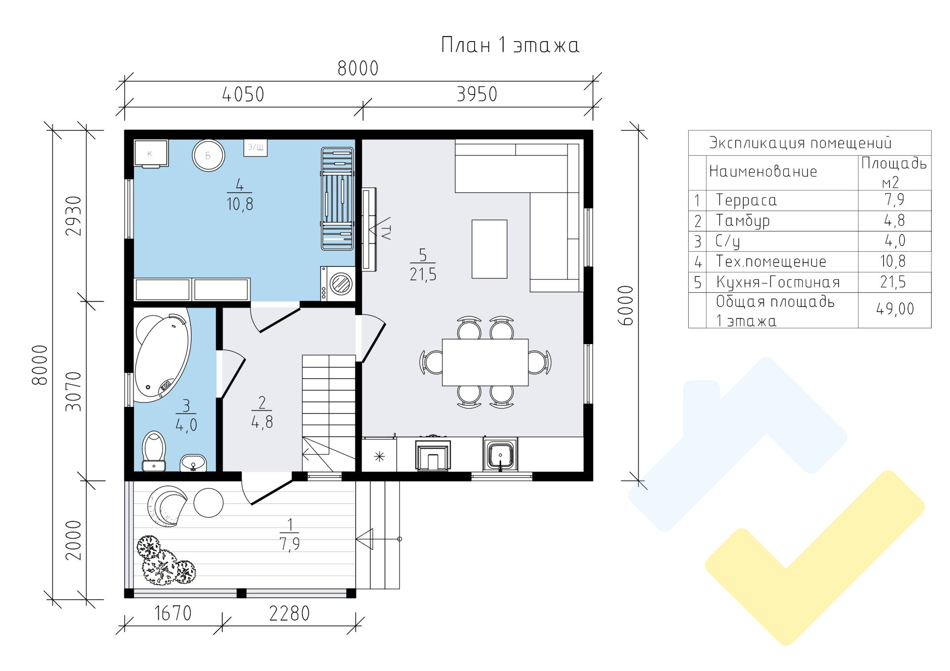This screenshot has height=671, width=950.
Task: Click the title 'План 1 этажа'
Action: (x=510, y=45)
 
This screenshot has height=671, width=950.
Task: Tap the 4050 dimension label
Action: (x=243, y=94)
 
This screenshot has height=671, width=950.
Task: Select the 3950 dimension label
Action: (x=476, y=94)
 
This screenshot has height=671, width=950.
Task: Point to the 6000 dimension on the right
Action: (x=626, y=305)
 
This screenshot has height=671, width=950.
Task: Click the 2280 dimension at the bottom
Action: (x=289, y=614)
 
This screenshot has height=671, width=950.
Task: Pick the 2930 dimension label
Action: (x=74, y=216)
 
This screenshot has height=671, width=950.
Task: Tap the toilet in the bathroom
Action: (x=154, y=451)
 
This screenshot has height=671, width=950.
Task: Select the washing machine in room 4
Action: (x=338, y=283)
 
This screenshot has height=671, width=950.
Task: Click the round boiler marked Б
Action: (x=208, y=155)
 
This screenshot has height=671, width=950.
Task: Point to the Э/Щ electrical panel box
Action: (x=255, y=147)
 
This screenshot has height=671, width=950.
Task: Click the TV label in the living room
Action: (x=385, y=231)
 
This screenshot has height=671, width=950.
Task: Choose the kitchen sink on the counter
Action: (x=500, y=454)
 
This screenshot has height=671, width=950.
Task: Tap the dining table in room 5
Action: (x=485, y=362)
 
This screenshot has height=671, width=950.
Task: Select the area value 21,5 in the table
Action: (x=893, y=282)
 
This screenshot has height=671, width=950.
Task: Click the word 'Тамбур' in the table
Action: (x=743, y=221)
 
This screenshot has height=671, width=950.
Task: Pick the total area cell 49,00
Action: (x=895, y=309)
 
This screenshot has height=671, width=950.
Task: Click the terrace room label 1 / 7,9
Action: (x=290, y=535)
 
